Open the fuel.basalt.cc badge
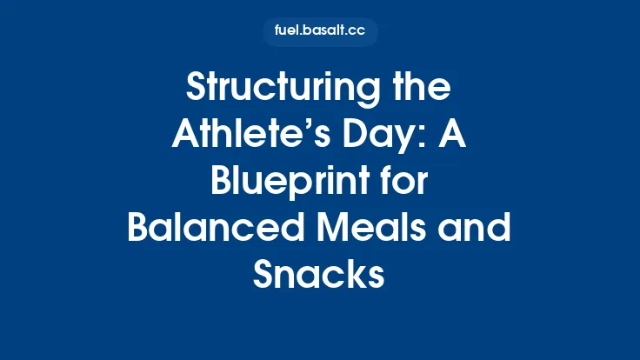(x=320, y=31)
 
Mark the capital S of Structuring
(x=199, y=89)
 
